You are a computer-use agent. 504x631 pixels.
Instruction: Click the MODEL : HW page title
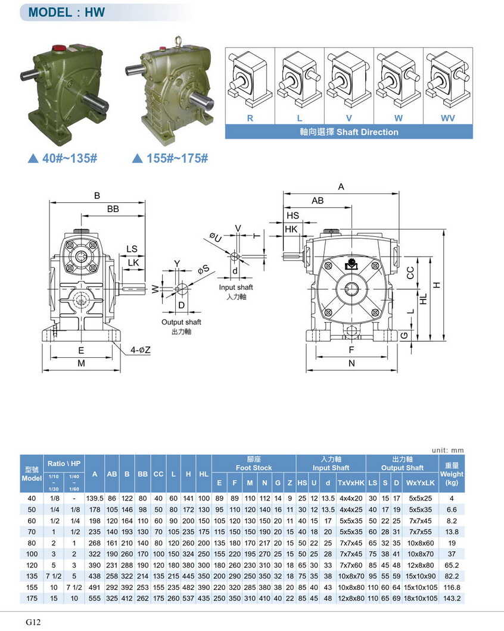point(67,13)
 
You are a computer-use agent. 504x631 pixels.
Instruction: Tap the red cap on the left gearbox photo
point(59,48)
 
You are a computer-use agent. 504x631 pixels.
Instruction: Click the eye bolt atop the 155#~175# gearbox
point(178,41)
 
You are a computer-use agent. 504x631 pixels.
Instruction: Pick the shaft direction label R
point(250,118)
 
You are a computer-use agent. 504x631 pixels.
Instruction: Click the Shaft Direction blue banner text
point(349,132)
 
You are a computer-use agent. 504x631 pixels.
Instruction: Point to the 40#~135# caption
point(63,158)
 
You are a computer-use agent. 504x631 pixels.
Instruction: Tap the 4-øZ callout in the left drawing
point(140,350)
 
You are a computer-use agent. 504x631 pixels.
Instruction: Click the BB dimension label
point(113,209)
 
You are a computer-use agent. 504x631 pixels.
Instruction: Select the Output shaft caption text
point(181,322)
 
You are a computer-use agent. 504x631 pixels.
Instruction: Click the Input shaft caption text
point(236,288)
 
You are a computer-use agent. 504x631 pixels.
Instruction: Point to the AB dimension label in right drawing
point(318,201)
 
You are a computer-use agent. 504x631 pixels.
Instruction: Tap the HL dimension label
point(423,299)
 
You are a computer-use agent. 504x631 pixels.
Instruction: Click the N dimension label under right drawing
point(351,363)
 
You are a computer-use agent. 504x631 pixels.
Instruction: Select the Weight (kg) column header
point(452,474)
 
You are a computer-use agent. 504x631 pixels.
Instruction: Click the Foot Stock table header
point(254,468)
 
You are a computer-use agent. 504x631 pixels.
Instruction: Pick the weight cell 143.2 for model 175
point(452,598)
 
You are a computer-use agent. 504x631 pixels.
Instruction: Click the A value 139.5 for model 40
point(95,498)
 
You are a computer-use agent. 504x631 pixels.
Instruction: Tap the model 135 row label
point(32,576)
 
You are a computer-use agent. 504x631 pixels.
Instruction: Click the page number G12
point(33,622)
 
